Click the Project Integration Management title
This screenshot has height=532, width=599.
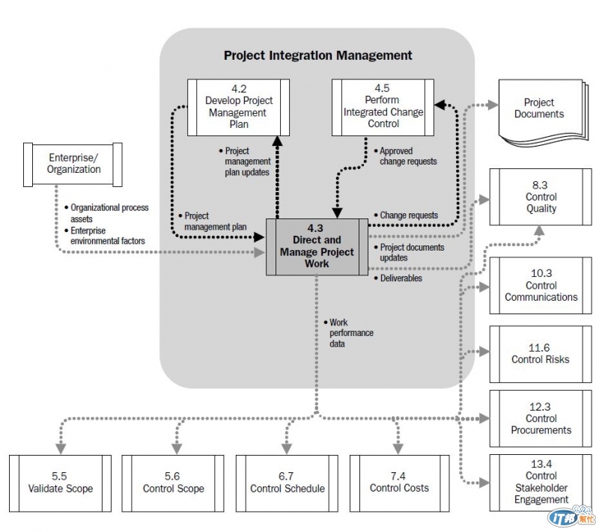[x=317, y=55]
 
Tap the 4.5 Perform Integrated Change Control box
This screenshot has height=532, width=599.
[x=383, y=106]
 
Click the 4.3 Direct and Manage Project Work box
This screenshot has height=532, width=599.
[x=317, y=246]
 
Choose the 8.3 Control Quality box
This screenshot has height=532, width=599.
[x=541, y=197]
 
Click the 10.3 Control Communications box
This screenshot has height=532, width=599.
[x=541, y=285]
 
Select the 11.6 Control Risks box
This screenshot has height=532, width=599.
[x=541, y=353]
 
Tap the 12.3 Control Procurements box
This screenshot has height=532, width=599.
[x=541, y=418]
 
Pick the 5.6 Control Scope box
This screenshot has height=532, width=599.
[x=173, y=483]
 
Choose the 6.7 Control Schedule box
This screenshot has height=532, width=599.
[x=287, y=483]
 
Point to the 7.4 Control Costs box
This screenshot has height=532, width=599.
[x=399, y=483]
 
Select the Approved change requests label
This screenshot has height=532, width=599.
[x=407, y=156]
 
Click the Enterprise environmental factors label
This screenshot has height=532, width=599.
[x=108, y=236]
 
